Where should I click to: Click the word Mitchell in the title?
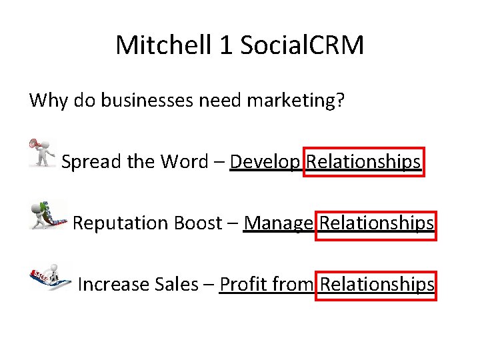(157, 45)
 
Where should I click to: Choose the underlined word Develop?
(265, 162)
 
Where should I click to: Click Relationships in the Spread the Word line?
(363, 162)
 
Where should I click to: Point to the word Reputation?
(120, 223)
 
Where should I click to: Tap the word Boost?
(197, 223)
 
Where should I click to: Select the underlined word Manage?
(279, 223)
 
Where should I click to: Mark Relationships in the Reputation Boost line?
(377, 223)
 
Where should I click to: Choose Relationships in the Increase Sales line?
(377, 285)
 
